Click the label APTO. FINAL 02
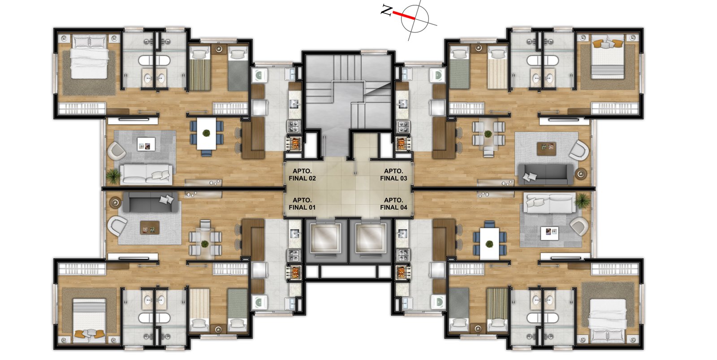click(302, 175)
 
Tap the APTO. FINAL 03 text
click(393, 175)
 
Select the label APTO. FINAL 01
click(302, 204)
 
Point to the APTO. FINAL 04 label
click(393, 204)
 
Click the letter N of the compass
click(386, 11)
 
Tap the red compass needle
click(404, 16)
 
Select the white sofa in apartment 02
click(146, 174)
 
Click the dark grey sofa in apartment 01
click(150, 202)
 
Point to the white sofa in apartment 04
click(549, 204)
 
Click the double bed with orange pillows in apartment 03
click(607, 56)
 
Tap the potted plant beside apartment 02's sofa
click(113, 176)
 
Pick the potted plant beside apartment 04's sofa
click(582, 201)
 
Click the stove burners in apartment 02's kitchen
click(294, 126)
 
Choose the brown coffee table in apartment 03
click(546, 148)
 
